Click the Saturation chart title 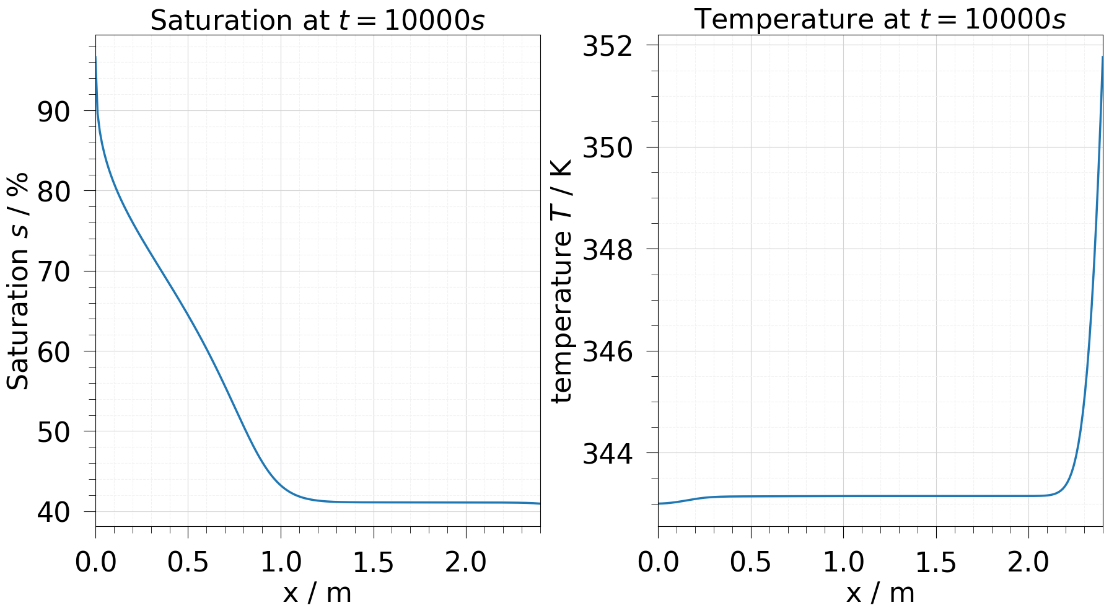[x=317, y=20]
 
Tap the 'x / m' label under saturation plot [x=317, y=593]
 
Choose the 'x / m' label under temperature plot [x=880, y=593]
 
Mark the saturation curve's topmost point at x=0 [x=96, y=57]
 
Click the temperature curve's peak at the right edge [x=1102, y=57]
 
